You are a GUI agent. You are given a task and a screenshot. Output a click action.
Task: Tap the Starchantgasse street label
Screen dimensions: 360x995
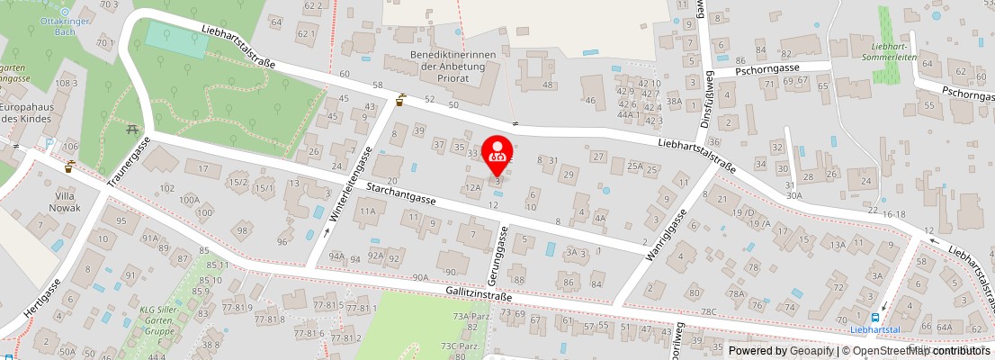pyautogui.click(x=400, y=193)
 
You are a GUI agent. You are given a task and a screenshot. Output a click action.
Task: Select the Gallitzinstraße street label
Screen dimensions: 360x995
pyautogui.click(x=478, y=294)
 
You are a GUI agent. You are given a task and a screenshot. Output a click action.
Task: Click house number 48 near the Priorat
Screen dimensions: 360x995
pyautogui.click(x=547, y=85)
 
